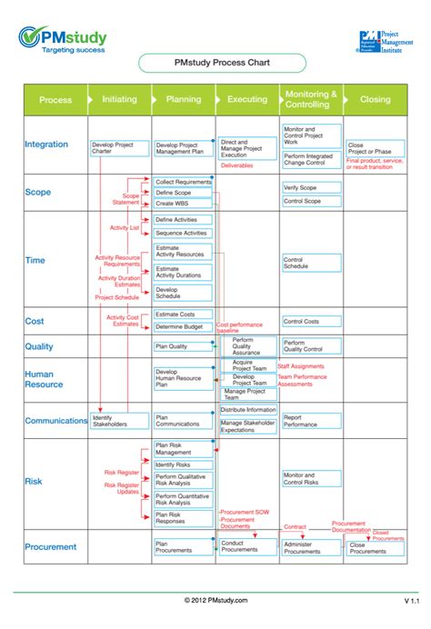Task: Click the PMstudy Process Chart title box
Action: [x=215, y=64]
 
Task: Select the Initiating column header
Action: [x=119, y=100]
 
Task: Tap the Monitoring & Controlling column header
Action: [x=311, y=99]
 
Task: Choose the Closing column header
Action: [x=375, y=100]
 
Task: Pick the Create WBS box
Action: [x=182, y=204]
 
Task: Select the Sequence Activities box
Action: [x=182, y=233]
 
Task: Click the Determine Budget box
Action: [x=182, y=326]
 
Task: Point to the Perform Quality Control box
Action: [x=311, y=345]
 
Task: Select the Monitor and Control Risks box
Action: [x=311, y=478]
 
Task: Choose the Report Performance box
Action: [x=311, y=421]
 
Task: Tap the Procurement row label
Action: [x=51, y=546]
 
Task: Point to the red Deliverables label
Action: [x=237, y=165]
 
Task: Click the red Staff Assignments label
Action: [x=301, y=366]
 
